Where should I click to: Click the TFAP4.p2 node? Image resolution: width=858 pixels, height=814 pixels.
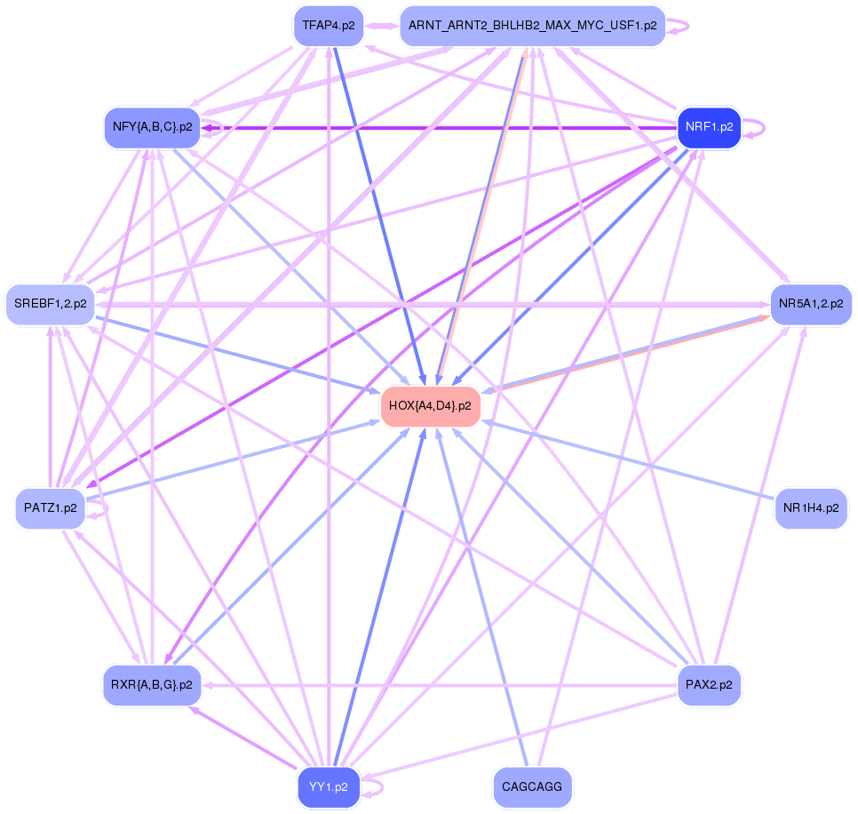(328, 25)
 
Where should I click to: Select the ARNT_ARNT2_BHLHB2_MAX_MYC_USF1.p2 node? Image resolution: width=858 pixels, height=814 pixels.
(532, 26)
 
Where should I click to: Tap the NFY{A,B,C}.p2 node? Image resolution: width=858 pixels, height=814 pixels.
(152, 127)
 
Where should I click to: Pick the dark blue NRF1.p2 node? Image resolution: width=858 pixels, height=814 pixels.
(708, 127)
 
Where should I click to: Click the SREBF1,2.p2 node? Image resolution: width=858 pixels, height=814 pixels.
(50, 304)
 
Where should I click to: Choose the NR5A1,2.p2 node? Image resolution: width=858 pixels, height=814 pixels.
(810, 304)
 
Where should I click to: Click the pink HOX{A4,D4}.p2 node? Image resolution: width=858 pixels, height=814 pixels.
(430, 406)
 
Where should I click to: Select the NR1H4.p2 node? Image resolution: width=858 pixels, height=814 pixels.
(810, 509)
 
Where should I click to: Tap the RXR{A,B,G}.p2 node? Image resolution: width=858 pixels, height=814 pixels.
(152, 685)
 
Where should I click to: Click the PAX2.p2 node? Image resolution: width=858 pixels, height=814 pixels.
(709, 685)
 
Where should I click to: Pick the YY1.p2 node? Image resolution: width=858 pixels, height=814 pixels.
(328, 787)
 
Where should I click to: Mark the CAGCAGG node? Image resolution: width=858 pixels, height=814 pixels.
(532, 787)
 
